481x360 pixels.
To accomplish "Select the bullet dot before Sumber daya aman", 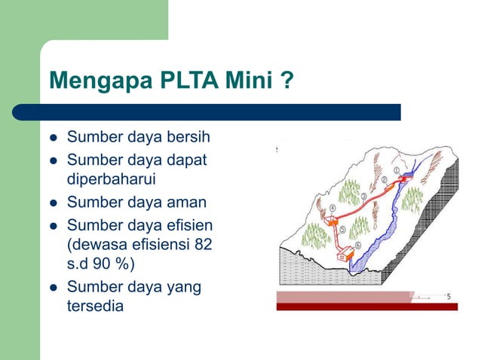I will coord(52,203).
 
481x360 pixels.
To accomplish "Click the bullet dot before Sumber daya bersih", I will coord(52,138).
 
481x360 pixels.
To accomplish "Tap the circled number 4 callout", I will coord(332,206).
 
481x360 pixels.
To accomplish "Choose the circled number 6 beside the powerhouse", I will coord(358,245).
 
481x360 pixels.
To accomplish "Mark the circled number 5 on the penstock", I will coord(343,230).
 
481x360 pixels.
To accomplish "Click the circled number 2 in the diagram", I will coord(384,180).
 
